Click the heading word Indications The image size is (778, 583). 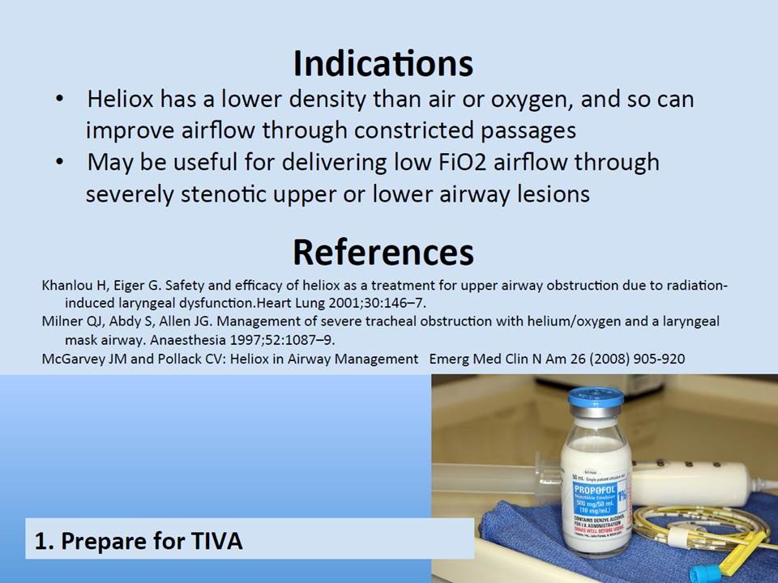pos(383,62)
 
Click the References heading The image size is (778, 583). pos(383,252)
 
